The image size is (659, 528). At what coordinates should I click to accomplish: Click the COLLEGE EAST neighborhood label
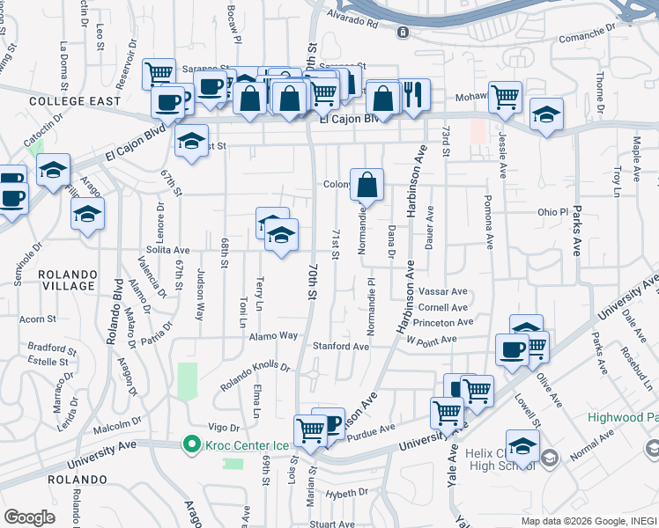(62, 101)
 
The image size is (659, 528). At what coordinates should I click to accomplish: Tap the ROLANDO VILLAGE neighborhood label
(67, 280)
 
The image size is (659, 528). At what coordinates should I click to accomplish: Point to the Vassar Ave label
(443, 291)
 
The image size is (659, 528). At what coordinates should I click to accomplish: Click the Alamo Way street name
(274, 336)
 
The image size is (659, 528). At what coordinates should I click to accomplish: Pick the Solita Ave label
(168, 251)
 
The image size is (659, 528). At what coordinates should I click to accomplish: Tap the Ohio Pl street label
(553, 212)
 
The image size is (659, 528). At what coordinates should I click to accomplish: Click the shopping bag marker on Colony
(367, 184)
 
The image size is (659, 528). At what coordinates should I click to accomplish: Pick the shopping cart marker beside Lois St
(311, 429)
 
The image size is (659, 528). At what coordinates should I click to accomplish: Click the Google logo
(29, 517)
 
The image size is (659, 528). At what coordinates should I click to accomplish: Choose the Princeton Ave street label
(448, 323)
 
